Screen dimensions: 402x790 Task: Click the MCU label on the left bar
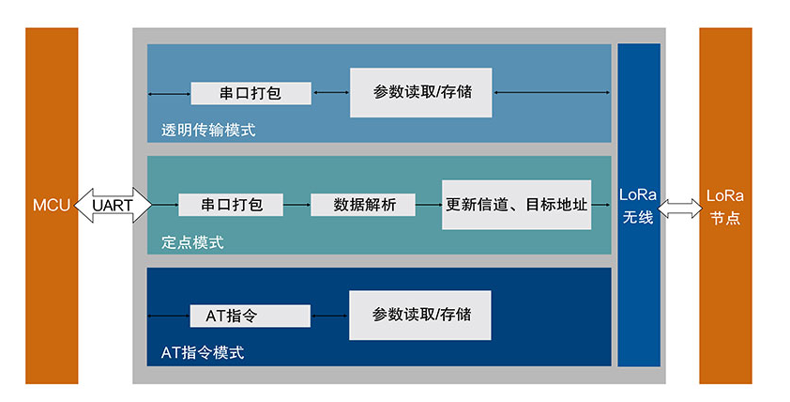coord(52,205)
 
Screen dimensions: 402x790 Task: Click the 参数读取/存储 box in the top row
coord(421,92)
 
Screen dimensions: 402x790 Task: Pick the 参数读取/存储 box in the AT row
coord(420,315)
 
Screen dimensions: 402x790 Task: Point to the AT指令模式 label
coord(203,353)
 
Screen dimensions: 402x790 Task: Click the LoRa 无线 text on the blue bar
coord(639,205)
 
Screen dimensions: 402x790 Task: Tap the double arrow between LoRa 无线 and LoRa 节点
coord(680,205)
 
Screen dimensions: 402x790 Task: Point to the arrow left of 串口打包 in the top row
coord(170,93)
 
